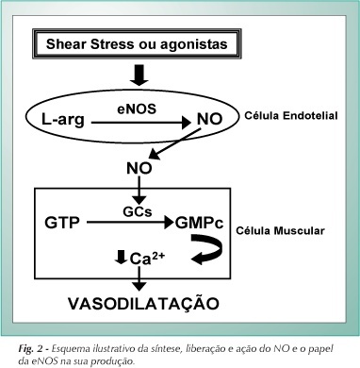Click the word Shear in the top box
[x=66, y=43]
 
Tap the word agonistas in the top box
[x=194, y=44]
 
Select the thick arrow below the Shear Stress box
[x=139, y=75]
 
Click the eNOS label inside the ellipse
[x=137, y=109]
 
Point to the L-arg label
[x=63, y=120]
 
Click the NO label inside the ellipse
[x=209, y=119]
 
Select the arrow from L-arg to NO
[x=141, y=123]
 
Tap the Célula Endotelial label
[x=291, y=115]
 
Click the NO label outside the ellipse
[x=139, y=168]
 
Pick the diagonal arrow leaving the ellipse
[x=174, y=143]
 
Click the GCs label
[x=138, y=212]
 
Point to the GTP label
[x=62, y=223]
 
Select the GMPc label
[x=200, y=223]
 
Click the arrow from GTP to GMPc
[x=130, y=223]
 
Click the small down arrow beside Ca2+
[x=121, y=257]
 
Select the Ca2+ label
[x=147, y=259]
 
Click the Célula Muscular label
[x=280, y=230]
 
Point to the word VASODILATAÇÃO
[x=143, y=303]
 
